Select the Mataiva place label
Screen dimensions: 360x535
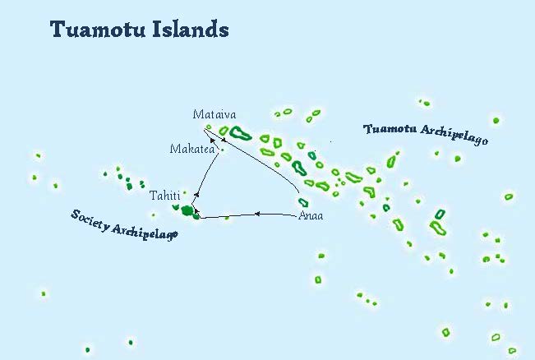coord(214,114)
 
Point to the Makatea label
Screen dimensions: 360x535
coord(192,149)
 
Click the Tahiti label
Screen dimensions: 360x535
coord(164,196)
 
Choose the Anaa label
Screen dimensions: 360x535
coord(311,216)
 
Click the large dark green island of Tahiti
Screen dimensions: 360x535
coord(187,211)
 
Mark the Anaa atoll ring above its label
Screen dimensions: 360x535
coord(303,203)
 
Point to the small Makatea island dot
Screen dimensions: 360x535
coord(222,150)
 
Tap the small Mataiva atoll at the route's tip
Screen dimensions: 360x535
coord(209,127)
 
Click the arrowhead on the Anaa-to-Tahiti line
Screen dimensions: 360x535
coord(257,214)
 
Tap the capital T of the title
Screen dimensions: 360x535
coord(58,30)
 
